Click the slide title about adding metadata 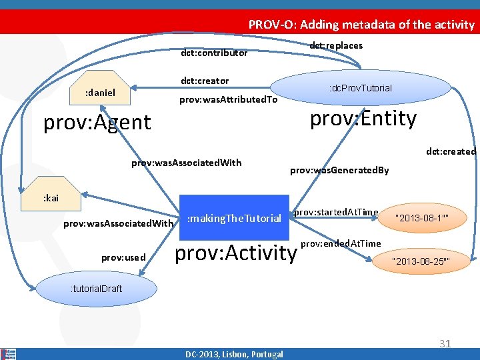[x=361, y=25]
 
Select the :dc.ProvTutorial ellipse [x=360, y=88]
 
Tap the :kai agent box [x=51, y=198]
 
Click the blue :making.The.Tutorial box [x=235, y=218]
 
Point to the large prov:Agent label [x=97, y=122]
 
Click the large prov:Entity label [x=363, y=119]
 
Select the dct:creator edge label [x=205, y=81]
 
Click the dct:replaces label [x=337, y=45]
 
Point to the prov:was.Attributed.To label [x=229, y=100]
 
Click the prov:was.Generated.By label [x=339, y=171]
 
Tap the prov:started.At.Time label [x=336, y=212]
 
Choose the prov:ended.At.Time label [x=341, y=243]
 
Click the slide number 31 [x=445, y=344]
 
